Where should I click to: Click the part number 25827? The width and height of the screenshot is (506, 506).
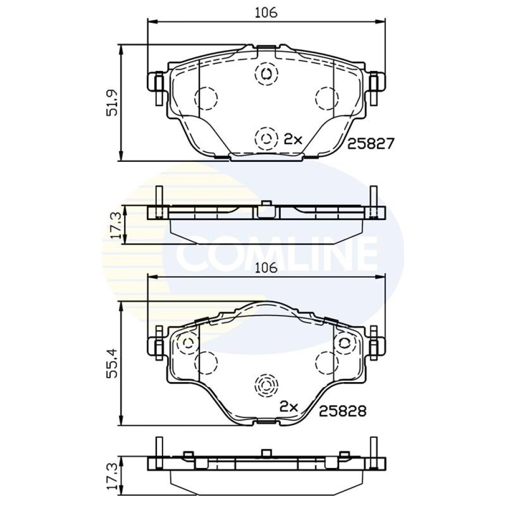click(371, 144)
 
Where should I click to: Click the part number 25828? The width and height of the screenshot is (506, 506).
click(343, 411)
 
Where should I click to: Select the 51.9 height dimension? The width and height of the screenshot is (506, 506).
click(113, 103)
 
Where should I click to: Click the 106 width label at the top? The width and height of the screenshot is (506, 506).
click(266, 13)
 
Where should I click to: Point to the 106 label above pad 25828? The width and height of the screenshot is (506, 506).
click(266, 268)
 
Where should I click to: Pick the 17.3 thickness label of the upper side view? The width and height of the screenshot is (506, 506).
click(116, 225)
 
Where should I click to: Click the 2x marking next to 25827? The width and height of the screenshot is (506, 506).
click(292, 140)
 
